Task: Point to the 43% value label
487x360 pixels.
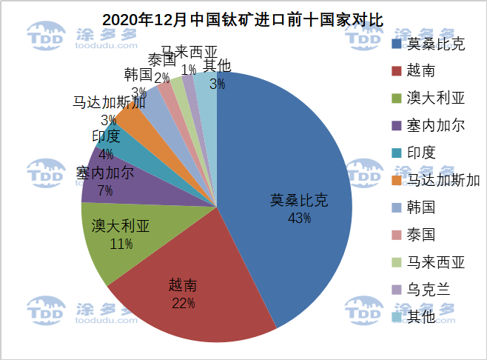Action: [x=299, y=219]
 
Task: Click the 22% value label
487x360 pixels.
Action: [x=182, y=303]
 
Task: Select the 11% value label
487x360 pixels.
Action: [x=121, y=244]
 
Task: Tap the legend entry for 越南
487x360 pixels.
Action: [x=420, y=71]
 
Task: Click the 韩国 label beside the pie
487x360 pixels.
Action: [x=138, y=75]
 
